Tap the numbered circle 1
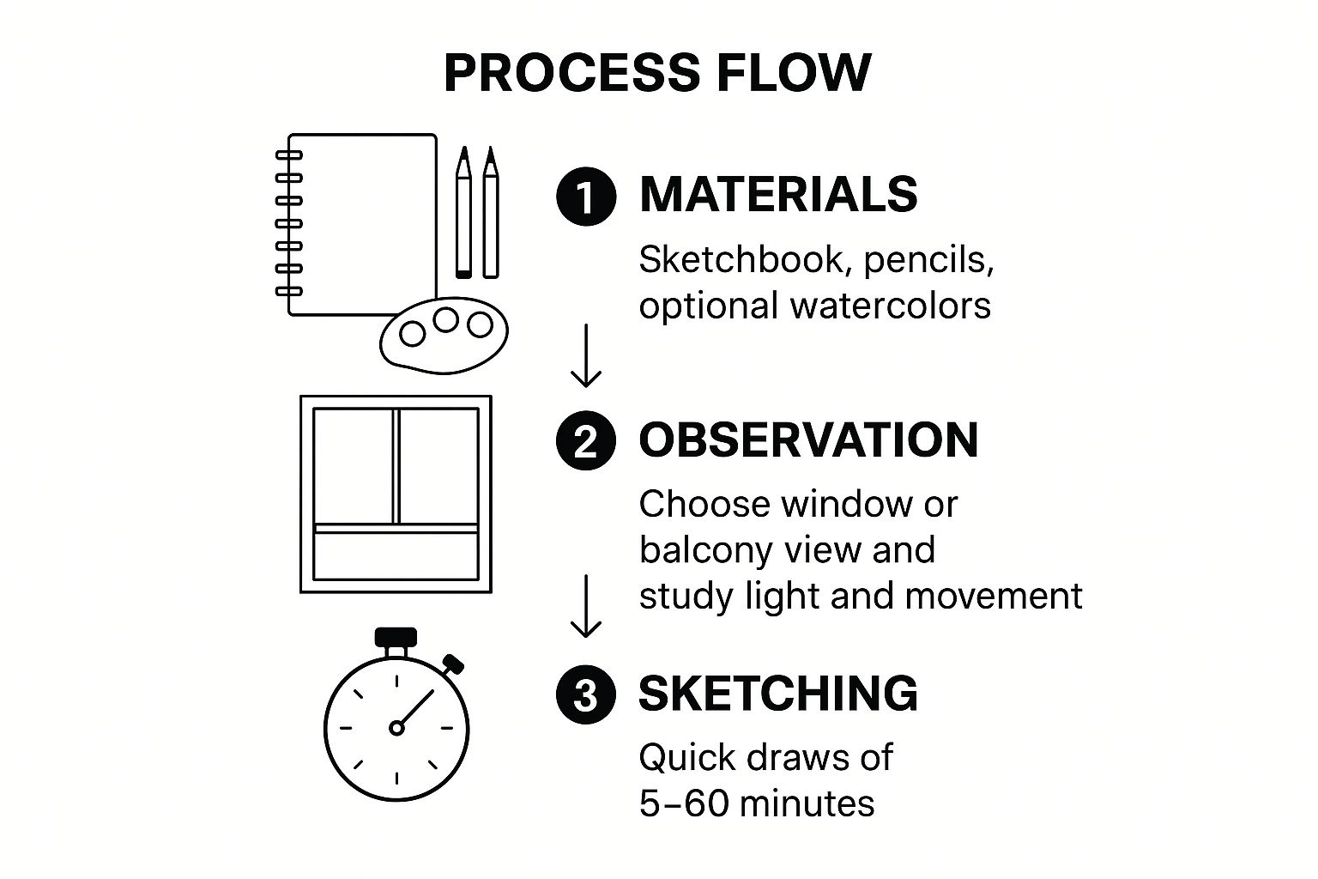[586, 197]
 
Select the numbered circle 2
[586, 441]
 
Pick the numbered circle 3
[586, 694]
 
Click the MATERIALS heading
[778, 194]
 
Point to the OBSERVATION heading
[808, 439]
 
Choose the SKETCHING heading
[778, 693]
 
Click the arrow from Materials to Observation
[586, 355]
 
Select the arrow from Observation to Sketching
[586, 606]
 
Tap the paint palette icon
[444, 340]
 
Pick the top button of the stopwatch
[396, 637]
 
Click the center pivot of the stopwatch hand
[396, 728]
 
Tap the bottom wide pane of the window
[396, 555]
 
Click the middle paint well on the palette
[445, 320]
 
